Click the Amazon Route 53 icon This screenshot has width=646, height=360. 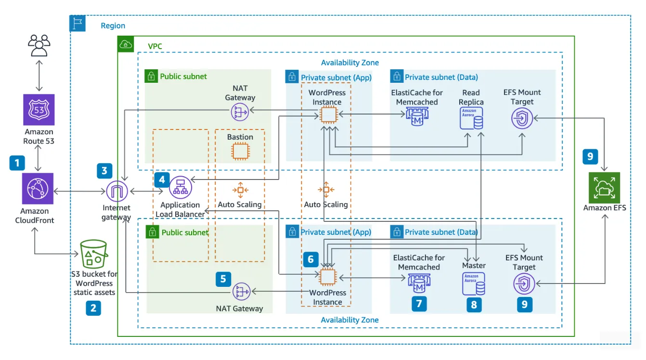point(39,109)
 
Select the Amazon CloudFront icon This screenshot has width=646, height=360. point(39,189)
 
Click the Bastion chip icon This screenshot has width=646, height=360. point(240,151)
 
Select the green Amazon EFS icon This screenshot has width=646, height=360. point(604,188)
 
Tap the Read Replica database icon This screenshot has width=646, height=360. point(471,118)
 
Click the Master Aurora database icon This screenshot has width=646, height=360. point(474,284)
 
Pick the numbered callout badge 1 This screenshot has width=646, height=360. point(17,163)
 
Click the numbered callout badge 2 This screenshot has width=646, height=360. point(93,308)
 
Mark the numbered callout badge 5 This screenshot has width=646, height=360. point(223,278)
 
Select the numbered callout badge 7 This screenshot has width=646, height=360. point(419,304)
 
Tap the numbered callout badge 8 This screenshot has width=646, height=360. point(474,304)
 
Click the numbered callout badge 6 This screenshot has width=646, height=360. point(310,259)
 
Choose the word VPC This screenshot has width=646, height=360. point(155,47)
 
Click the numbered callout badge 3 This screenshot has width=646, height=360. point(104,170)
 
